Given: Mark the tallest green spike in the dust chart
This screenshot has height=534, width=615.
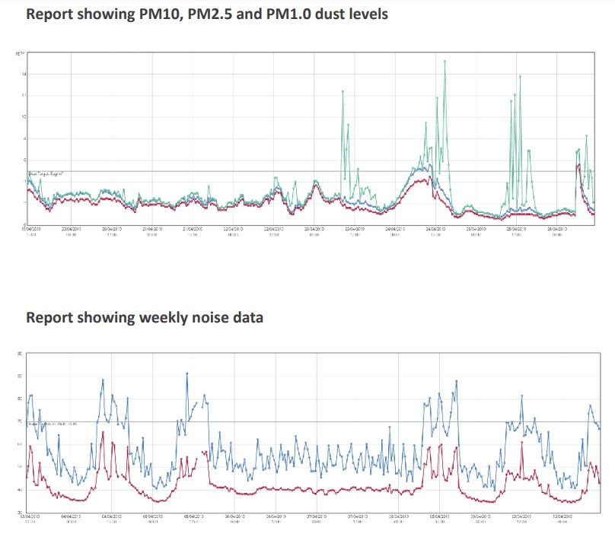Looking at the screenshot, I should coord(445,62).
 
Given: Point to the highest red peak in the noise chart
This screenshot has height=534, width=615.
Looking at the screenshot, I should coord(103,432).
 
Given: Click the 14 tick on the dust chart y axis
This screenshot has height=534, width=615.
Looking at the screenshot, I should coord(24,74).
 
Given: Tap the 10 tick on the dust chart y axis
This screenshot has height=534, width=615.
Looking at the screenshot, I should coord(24,117).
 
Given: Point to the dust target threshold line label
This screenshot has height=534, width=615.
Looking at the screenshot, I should coord(46,174).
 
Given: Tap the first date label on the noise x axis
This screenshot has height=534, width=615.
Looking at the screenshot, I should coord(31,517).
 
